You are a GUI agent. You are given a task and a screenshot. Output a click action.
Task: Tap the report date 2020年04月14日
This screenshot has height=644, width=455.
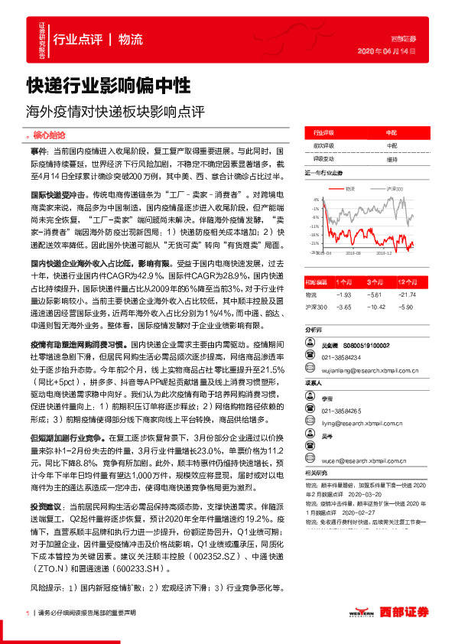(387, 51)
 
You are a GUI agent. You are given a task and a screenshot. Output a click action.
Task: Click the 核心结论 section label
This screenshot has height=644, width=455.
(51, 134)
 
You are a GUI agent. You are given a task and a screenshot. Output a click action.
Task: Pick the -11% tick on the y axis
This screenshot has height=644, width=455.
(315, 226)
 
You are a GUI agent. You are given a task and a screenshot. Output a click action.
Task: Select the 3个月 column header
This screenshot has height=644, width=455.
(374, 282)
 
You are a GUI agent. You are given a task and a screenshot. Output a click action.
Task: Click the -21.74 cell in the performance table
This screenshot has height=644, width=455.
(408, 294)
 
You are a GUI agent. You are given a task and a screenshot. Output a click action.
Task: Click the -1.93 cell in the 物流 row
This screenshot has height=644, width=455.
(343, 294)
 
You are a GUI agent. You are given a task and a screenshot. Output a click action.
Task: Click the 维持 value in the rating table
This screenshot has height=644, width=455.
(392, 159)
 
